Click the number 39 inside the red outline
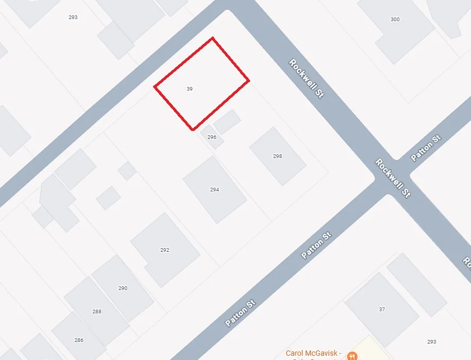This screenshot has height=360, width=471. (190, 89)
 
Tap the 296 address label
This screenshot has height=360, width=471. (212, 137)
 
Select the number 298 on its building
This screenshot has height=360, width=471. (278, 156)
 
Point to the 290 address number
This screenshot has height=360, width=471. (123, 288)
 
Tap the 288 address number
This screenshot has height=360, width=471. (97, 312)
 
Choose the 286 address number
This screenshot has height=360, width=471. (79, 340)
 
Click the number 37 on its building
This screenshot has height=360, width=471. (382, 310)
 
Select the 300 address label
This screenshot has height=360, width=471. (395, 20)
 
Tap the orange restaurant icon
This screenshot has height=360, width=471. (353, 355)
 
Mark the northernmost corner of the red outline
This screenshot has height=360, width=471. (212, 38)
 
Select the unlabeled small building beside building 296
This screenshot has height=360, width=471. (227, 122)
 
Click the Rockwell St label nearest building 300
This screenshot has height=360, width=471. (306, 78)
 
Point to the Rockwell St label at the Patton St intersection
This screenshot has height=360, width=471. (393, 178)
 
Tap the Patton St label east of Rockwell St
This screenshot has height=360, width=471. (426, 148)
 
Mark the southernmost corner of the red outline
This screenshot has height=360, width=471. (193, 130)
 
